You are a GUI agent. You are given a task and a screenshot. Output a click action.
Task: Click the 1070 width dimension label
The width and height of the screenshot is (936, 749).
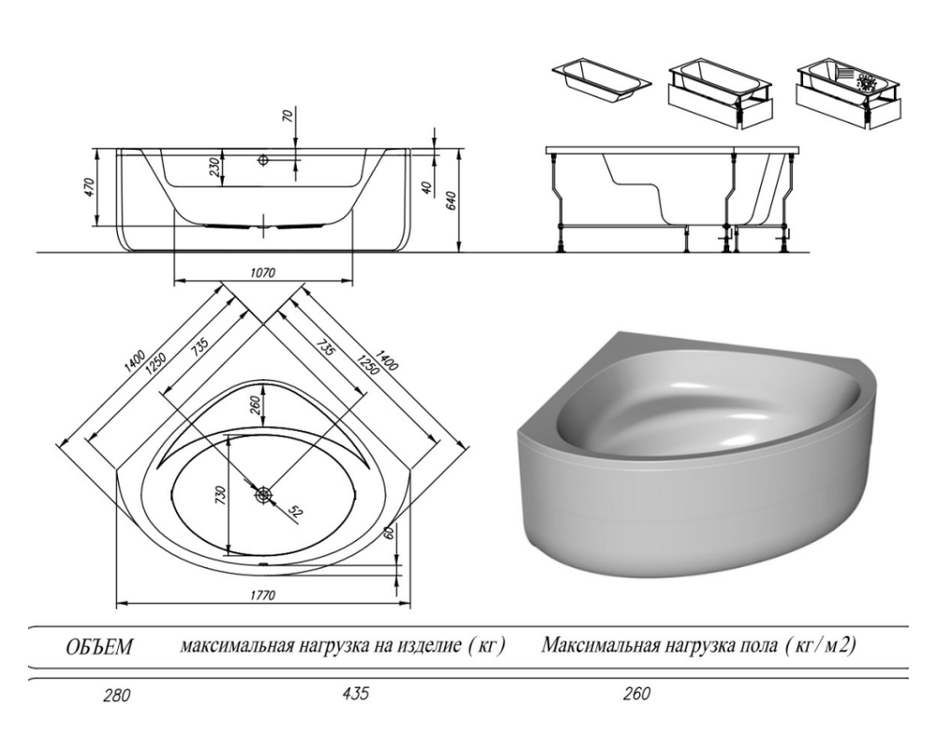tap(263, 273)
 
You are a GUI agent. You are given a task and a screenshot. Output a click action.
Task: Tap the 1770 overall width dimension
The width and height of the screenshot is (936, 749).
tap(263, 595)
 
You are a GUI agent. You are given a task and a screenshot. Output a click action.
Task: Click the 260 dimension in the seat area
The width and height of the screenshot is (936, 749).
tap(255, 406)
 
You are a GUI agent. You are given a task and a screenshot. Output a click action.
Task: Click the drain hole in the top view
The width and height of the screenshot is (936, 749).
tap(263, 495)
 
